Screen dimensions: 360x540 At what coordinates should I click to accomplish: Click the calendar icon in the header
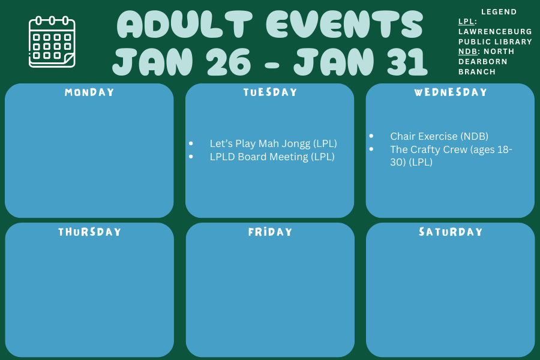[x=52, y=42]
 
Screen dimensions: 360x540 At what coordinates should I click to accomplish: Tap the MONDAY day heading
[x=89, y=92]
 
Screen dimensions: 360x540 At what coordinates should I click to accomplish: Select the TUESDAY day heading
[x=270, y=92]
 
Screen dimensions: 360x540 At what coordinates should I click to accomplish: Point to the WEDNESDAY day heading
[x=451, y=92]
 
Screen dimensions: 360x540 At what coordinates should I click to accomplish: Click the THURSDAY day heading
[x=89, y=232]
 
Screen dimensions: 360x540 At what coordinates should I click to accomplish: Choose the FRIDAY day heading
[x=270, y=232]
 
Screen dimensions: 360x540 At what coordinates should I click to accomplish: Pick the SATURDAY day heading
[x=451, y=232]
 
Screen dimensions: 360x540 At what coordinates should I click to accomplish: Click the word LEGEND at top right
[x=499, y=12]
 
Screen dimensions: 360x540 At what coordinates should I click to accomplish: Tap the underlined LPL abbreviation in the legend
[x=466, y=22]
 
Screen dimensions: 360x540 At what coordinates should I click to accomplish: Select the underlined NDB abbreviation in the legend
[x=467, y=52]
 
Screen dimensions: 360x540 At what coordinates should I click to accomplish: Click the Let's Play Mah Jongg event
[x=273, y=143]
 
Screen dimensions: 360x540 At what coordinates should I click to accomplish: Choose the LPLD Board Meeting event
[x=272, y=157]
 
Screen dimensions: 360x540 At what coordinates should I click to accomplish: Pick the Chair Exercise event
[x=439, y=136]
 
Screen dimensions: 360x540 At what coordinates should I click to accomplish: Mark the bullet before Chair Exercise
[x=371, y=136]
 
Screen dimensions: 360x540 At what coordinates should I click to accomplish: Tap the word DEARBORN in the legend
[x=474, y=62]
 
